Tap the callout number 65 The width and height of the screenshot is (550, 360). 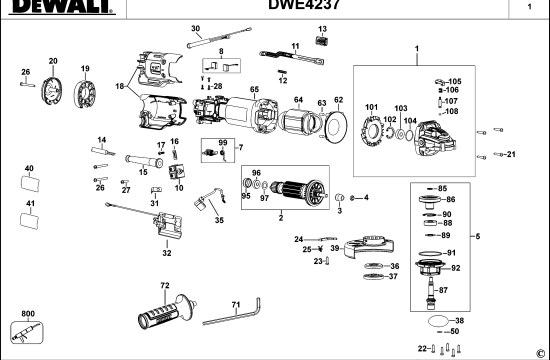pos(255,90)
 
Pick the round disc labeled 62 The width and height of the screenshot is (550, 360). pos(338,127)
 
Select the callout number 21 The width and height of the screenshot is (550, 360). pos(510,154)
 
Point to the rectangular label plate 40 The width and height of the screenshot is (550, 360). pos(29,183)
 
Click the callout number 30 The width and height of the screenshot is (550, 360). pos(196,30)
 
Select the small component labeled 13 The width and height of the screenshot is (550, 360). pos(322,43)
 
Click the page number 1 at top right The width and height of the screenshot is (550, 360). pos(529,7)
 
